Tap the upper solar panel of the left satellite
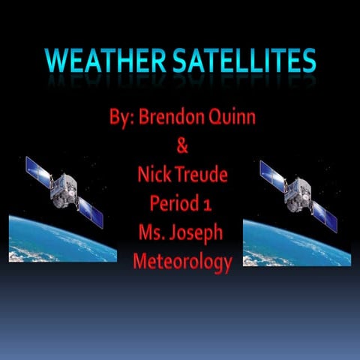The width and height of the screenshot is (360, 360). pyautogui.click(x=38, y=170)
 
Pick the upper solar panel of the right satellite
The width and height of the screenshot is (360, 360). pyautogui.click(x=273, y=171)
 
